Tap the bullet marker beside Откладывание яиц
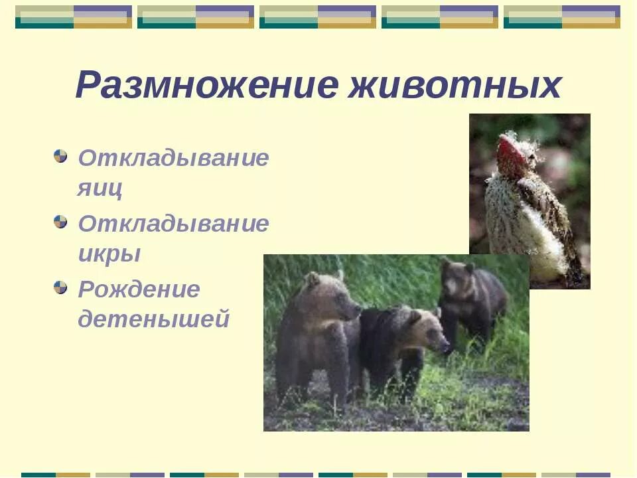[61, 157]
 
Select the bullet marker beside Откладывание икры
[61, 222]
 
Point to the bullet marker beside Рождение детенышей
[61, 287]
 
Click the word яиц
[100, 189]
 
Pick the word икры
[109, 254]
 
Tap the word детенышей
[153, 319]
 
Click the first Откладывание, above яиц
[173, 158]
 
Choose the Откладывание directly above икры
[173, 223]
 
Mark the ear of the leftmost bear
[311, 279]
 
